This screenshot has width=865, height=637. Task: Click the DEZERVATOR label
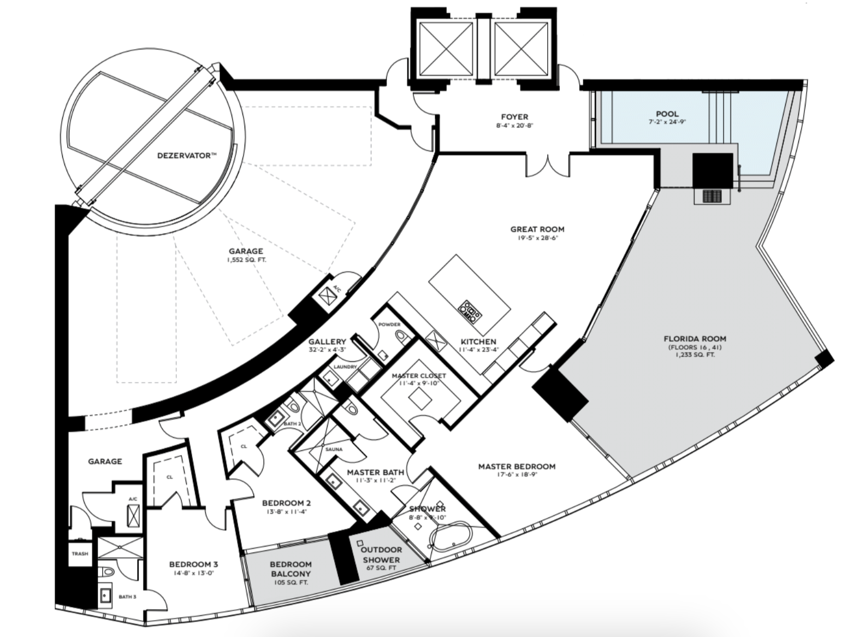click(187, 156)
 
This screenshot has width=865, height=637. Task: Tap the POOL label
click(667, 114)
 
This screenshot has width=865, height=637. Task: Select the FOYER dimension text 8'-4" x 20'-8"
click(515, 126)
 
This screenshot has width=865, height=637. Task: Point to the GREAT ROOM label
click(537, 229)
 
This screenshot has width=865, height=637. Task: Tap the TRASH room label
click(80, 553)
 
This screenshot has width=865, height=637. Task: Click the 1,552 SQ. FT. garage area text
click(246, 260)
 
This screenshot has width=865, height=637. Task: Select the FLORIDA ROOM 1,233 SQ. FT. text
click(695, 354)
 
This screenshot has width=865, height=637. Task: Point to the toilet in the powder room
click(403, 338)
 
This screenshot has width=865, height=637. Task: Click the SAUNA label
click(334, 449)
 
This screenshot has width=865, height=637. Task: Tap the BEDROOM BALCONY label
click(291, 569)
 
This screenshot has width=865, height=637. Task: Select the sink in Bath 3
click(105, 595)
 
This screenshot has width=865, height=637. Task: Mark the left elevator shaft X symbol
click(446, 49)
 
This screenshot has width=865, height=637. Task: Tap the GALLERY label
click(327, 341)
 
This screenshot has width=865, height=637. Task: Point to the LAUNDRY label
click(345, 367)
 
